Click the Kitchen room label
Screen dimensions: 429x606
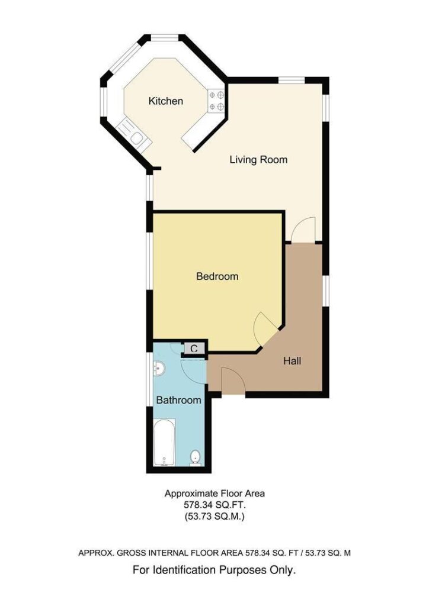(165, 101)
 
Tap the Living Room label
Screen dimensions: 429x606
(258, 160)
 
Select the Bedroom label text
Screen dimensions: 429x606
(217, 276)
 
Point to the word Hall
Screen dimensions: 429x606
(292, 361)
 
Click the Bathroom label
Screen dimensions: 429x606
(179, 400)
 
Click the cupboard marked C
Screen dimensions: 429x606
(194, 349)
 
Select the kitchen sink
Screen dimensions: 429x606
(134, 134)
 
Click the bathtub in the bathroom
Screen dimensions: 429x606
(165, 442)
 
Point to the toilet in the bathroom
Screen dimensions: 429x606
(196, 458)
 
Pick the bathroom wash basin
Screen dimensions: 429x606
(159, 368)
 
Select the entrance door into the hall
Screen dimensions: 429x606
(233, 381)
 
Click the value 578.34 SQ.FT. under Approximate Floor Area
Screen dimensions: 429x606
(214, 505)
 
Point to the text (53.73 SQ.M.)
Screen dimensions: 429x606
(214, 516)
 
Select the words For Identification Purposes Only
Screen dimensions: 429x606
(214, 570)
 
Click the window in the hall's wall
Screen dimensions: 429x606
(326, 291)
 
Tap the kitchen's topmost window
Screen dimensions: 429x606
(165, 37)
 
